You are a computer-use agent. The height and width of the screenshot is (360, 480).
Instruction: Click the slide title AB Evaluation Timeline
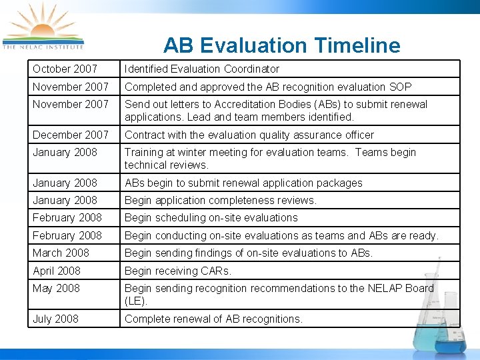point(281,45)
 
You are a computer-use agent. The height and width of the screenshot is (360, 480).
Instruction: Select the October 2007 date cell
point(65,69)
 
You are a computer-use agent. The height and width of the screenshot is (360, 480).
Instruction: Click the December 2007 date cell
point(70,135)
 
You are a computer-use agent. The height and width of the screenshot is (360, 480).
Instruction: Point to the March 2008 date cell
point(61,253)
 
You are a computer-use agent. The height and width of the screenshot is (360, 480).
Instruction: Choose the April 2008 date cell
point(57,271)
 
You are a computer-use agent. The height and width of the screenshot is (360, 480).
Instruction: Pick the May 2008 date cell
point(56,288)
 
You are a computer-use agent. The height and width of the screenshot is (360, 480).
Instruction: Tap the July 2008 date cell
point(55,319)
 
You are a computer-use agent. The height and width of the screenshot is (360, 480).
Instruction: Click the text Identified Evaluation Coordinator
point(202,69)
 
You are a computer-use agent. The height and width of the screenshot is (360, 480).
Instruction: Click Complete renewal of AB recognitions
point(213,319)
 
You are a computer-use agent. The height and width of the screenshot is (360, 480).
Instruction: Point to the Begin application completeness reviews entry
point(221,200)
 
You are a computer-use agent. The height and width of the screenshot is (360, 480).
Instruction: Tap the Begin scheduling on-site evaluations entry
point(211,217)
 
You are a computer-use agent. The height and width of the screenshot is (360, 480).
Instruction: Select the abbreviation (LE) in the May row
point(135,301)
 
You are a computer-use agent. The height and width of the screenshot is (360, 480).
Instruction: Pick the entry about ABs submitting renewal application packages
point(243,183)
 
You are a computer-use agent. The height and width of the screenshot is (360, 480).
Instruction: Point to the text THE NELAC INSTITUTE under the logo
point(43,47)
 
